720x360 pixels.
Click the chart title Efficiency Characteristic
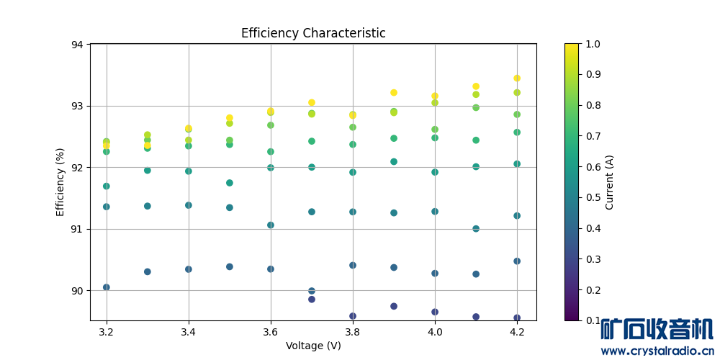pos(313,33)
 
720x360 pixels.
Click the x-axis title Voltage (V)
pos(313,346)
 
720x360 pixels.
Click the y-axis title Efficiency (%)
pos(60,182)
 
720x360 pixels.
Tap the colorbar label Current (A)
pos(610,182)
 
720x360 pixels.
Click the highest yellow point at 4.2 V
pos(517,78)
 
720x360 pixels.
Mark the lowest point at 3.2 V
pos(107,287)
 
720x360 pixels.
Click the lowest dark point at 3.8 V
pos(353,316)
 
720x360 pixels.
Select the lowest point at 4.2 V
pos(517,318)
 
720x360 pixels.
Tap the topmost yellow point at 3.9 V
pos(394,92)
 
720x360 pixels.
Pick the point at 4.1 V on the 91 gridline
pos(476,229)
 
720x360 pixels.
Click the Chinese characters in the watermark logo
pos(657,329)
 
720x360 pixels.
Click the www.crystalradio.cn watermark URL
pos(657,351)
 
